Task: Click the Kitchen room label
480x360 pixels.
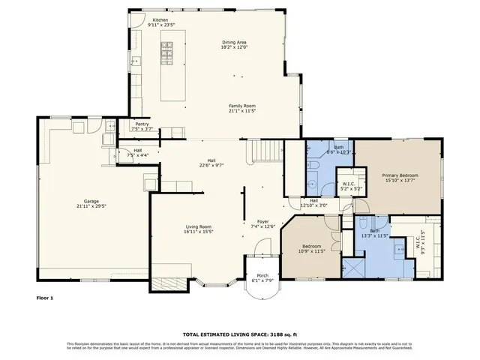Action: click(160, 20)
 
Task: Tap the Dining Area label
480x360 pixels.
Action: click(235, 42)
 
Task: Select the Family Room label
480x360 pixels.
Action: click(241, 106)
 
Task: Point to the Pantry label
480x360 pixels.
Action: click(141, 124)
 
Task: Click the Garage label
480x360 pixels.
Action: click(91, 200)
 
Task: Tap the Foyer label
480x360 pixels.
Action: click(263, 222)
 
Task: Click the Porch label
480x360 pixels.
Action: click(262, 275)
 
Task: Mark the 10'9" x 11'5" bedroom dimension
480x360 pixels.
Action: click(313, 251)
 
